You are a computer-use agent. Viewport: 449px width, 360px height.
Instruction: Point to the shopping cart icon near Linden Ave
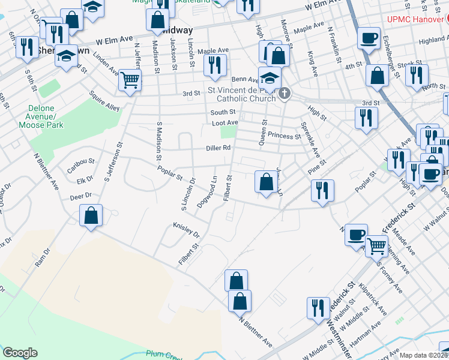(130, 80)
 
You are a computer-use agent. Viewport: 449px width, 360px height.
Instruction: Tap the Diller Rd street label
(218, 147)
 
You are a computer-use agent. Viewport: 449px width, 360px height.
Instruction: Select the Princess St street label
(284, 136)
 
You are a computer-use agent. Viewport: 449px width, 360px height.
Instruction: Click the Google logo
(20, 353)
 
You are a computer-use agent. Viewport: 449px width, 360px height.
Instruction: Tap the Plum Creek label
(169, 356)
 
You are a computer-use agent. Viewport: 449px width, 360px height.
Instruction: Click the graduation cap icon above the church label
(270, 78)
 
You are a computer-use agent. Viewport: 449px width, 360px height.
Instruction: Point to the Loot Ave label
(225, 122)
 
